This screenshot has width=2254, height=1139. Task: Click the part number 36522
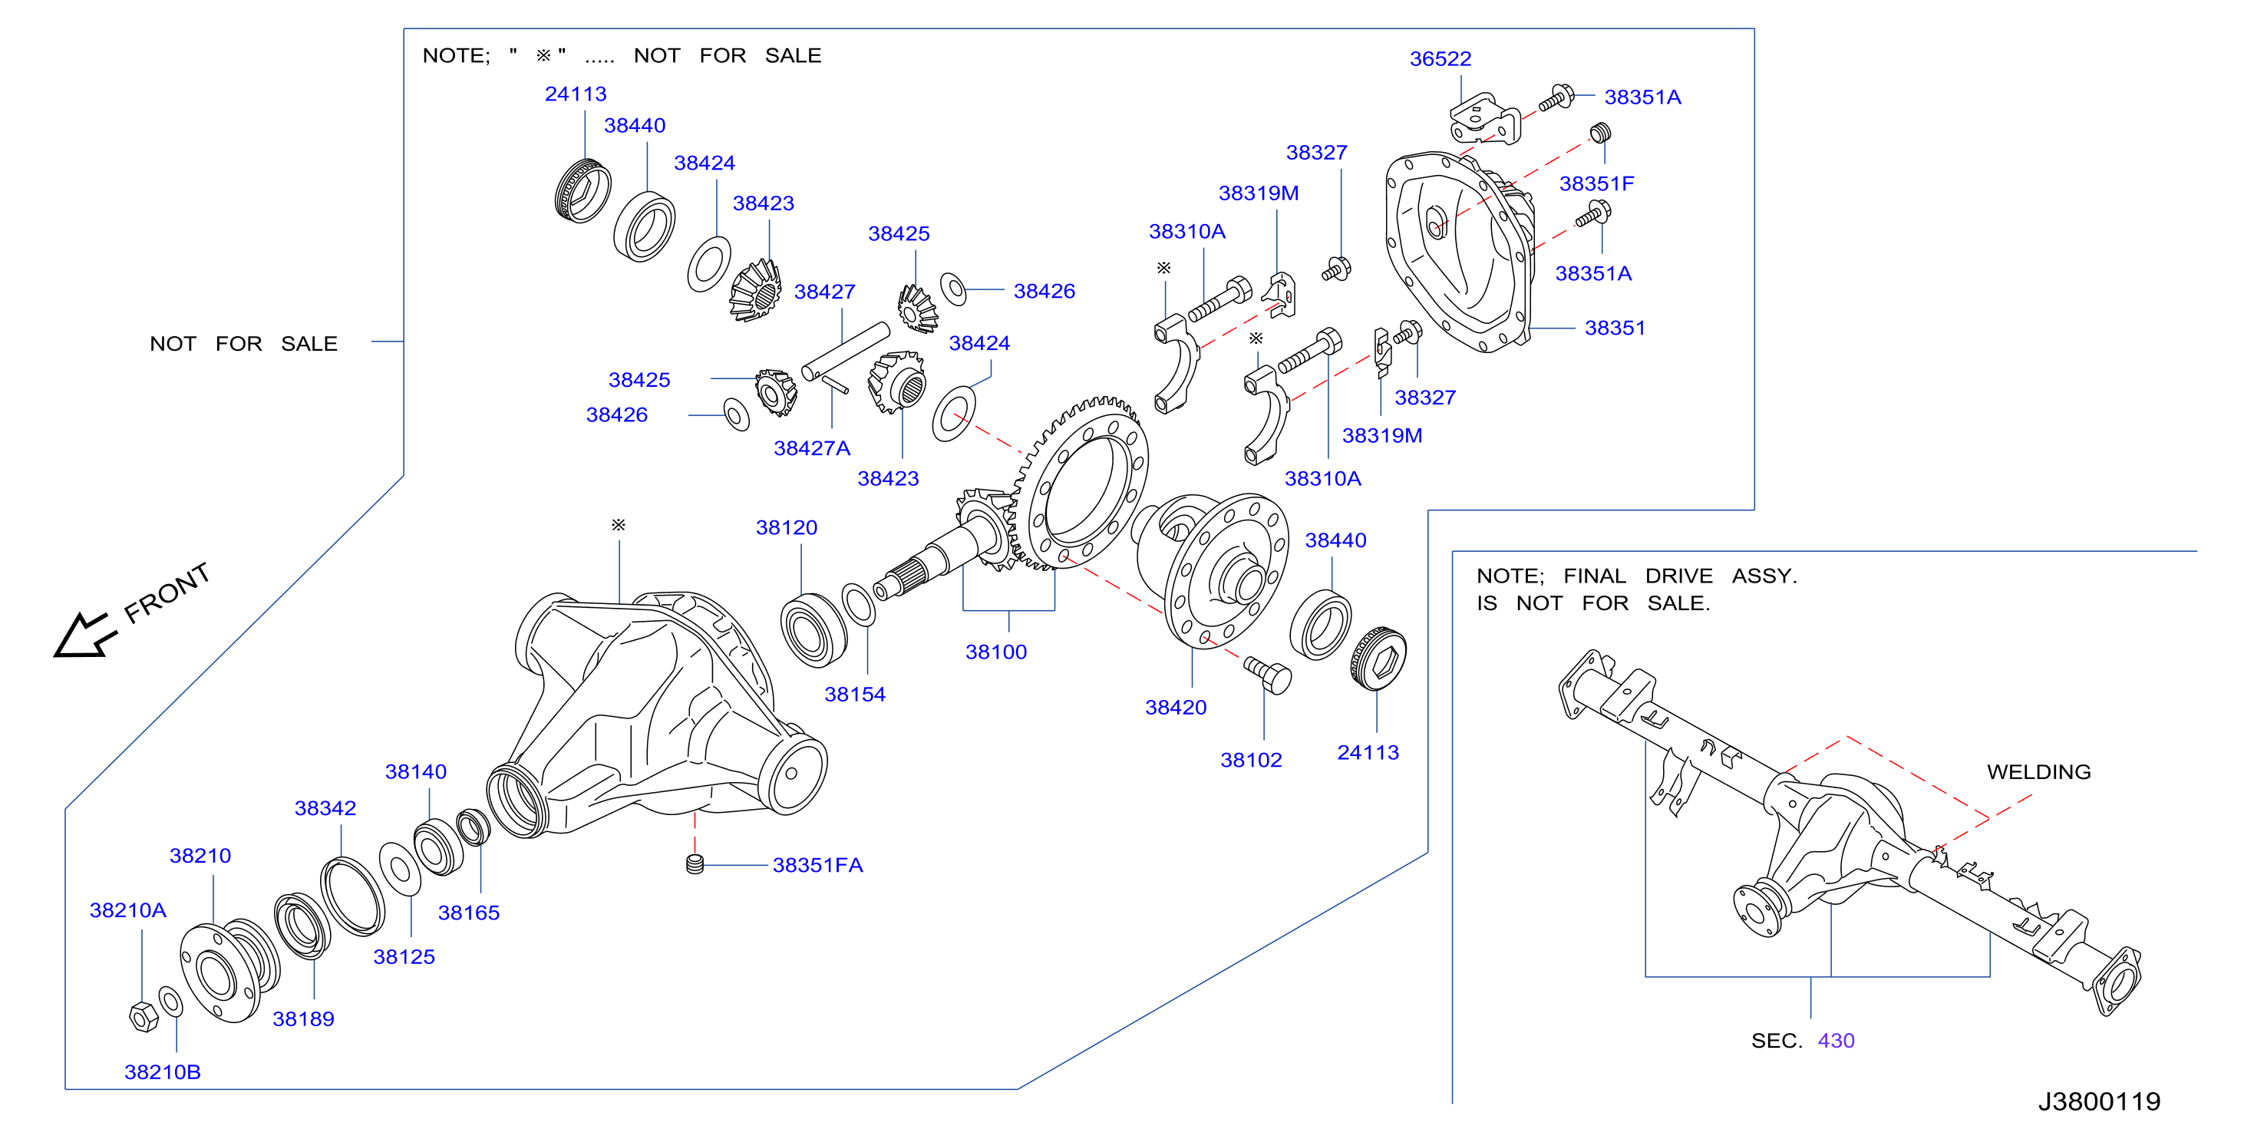pyautogui.click(x=1440, y=58)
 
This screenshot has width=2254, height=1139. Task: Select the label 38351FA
pyautogui.click(x=817, y=864)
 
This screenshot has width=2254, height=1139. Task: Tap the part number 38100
pyautogui.click(x=995, y=652)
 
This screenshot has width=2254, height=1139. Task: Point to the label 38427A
pyautogui.click(x=811, y=448)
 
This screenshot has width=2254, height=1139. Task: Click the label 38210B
pyautogui.click(x=163, y=1071)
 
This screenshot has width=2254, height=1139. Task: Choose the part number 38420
pyautogui.click(x=1175, y=707)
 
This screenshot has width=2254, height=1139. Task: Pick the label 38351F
pyautogui.click(x=1596, y=183)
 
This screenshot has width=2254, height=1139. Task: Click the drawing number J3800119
pyautogui.click(x=2098, y=1101)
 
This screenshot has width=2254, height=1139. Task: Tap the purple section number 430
pyautogui.click(x=1836, y=1040)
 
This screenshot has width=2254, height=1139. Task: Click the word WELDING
pyautogui.click(x=2039, y=771)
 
